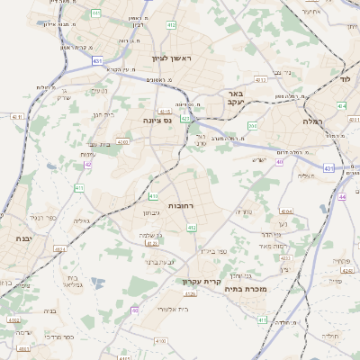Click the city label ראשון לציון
[x=172, y=57]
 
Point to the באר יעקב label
[x=236, y=97]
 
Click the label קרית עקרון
[x=202, y=282]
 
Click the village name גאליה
[x=81, y=220]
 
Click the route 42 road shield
[x=87, y=165]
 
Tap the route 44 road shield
[x=343, y=196]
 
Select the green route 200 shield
[x=253, y=125]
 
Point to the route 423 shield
[x=184, y=117]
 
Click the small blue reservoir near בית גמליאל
[x=96, y=282]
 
